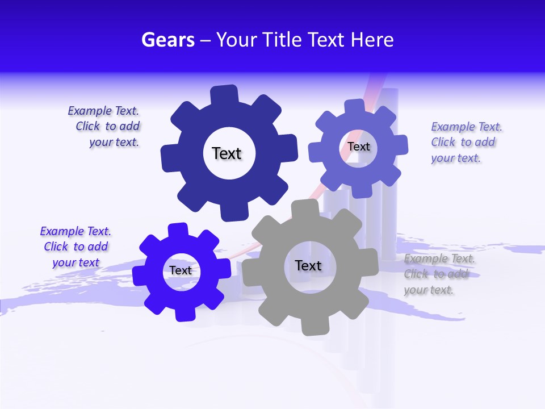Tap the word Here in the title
click(372, 40)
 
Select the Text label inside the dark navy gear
click(227, 153)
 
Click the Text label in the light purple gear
click(358, 147)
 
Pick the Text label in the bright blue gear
click(181, 270)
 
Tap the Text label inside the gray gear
click(308, 265)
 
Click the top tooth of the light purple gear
click(354, 107)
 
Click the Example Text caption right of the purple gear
click(464, 142)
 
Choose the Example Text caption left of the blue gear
click(76, 247)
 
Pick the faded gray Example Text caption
click(438, 274)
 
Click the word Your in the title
click(234, 40)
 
